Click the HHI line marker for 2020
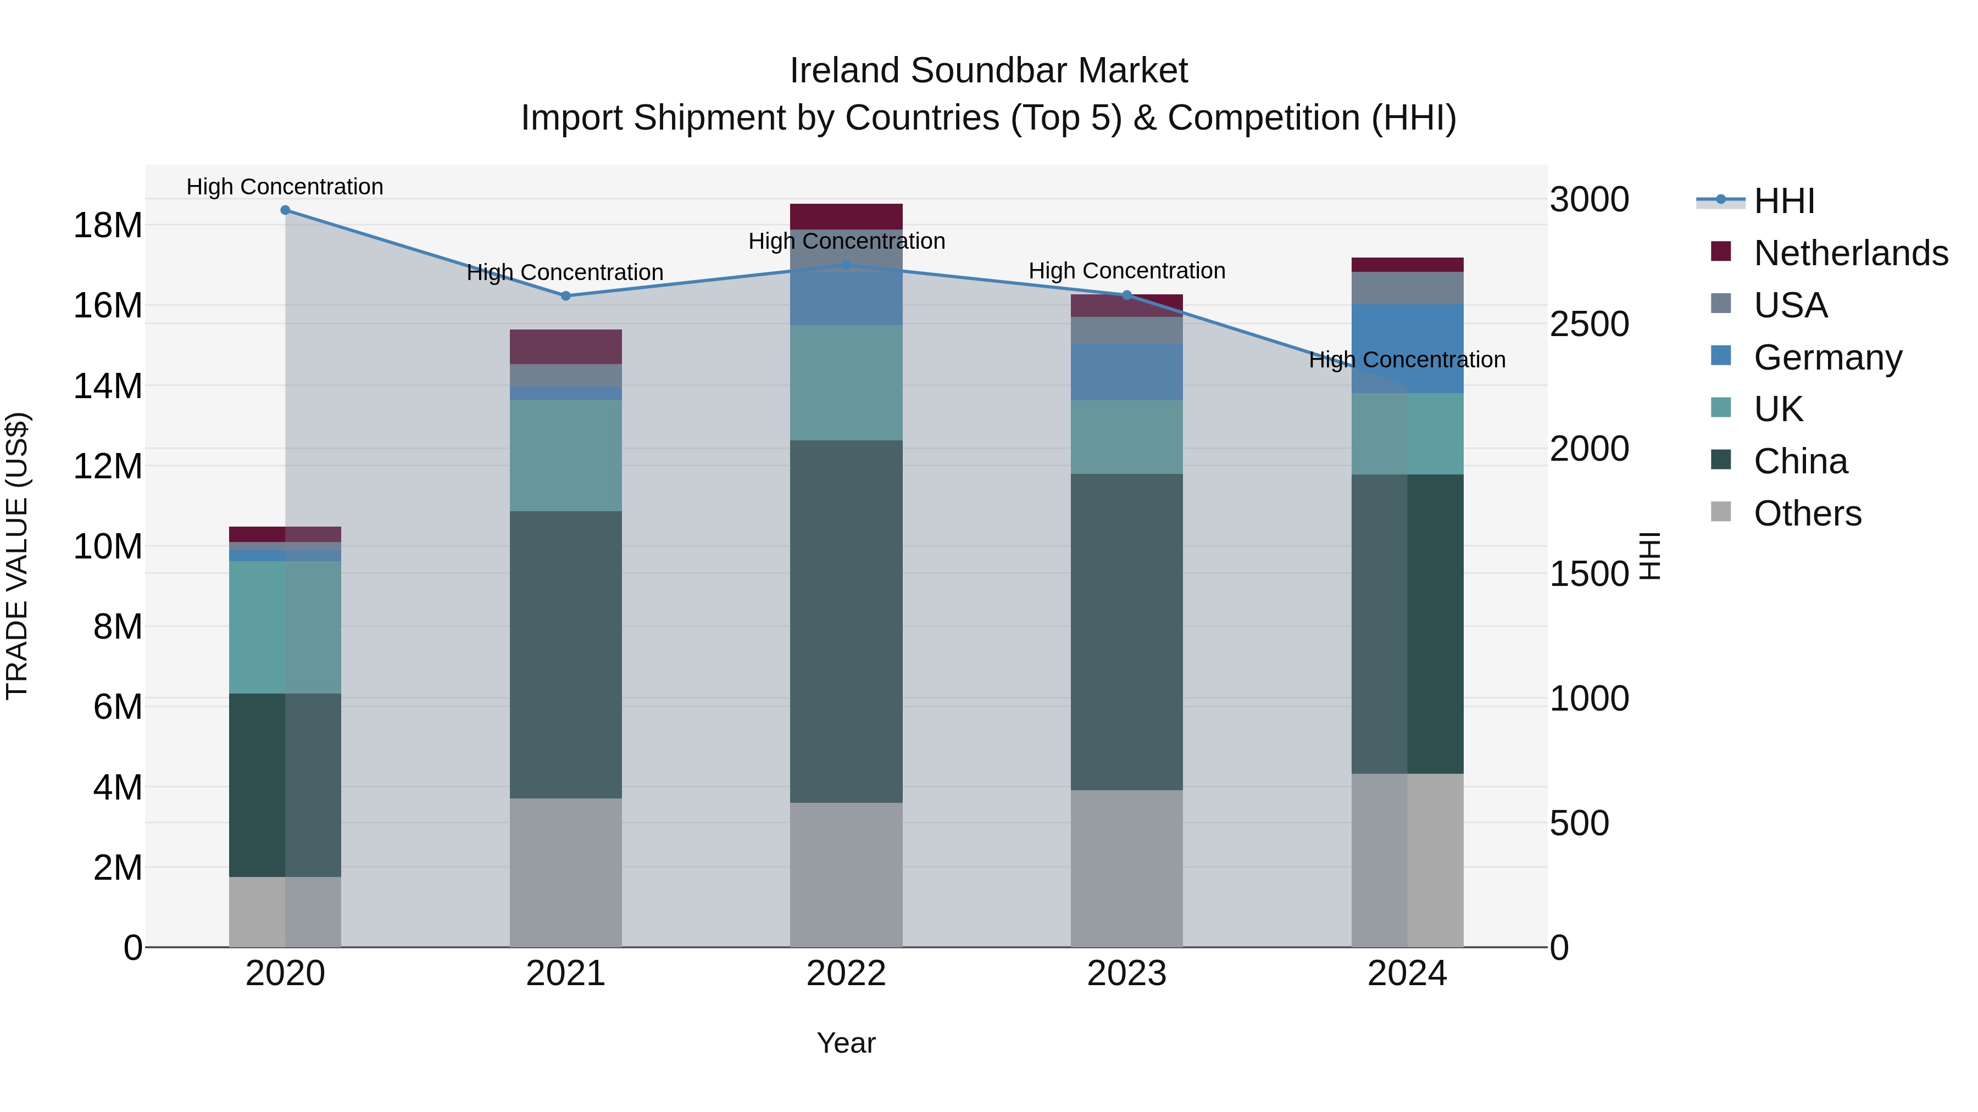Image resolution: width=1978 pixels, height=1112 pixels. [x=285, y=210]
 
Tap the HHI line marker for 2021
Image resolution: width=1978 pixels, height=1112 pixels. [x=566, y=295]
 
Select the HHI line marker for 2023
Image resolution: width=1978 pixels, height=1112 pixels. [x=1126, y=295]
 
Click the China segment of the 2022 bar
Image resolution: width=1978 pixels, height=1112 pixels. [x=846, y=622]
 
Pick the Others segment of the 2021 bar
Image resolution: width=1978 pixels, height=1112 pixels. [x=566, y=873]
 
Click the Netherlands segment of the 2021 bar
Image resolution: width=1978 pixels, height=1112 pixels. [x=566, y=347]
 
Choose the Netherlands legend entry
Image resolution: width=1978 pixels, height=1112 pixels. [x=1851, y=253]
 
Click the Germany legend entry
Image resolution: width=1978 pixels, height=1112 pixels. [x=1827, y=357]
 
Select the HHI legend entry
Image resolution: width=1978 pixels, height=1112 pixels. [x=1783, y=201]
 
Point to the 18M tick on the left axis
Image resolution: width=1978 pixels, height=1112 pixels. [x=108, y=226]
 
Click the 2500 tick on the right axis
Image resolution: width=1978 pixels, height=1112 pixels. [x=1588, y=324]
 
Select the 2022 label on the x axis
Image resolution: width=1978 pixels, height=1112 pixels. [x=846, y=974]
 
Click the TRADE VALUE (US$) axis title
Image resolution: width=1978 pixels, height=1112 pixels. [x=17, y=556]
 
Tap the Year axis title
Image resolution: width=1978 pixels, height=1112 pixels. [x=846, y=1043]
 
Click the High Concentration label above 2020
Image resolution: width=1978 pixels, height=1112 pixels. [x=285, y=187]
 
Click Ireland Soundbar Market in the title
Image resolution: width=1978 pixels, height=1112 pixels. [x=988, y=71]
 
